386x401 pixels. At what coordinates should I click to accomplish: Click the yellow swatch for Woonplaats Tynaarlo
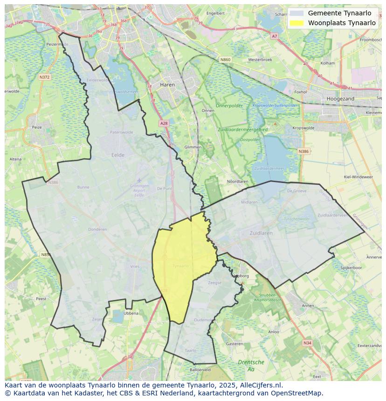tap(296, 22)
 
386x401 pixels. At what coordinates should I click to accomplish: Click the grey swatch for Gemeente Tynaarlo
tap(296, 13)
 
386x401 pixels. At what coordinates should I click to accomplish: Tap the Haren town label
tap(167, 85)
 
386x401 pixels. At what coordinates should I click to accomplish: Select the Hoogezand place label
tap(340, 99)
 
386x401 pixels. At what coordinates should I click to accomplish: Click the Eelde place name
tap(118, 155)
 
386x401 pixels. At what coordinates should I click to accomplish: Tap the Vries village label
tap(135, 266)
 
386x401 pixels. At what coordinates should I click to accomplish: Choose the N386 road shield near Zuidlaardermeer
tap(303, 151)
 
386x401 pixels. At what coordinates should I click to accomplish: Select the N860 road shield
tap(226, 60)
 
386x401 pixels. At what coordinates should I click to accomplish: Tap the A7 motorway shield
tap(274, 36)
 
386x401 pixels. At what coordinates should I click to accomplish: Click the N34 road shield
tap(307, 343)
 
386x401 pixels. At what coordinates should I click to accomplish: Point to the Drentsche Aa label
tap(251, 365)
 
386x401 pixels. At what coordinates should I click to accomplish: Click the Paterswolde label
tap(121, 132)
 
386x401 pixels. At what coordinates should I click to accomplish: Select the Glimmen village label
tap(193, 147)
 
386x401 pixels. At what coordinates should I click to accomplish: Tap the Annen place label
tap(308, 306)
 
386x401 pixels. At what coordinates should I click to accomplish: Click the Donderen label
tap(97, 229)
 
